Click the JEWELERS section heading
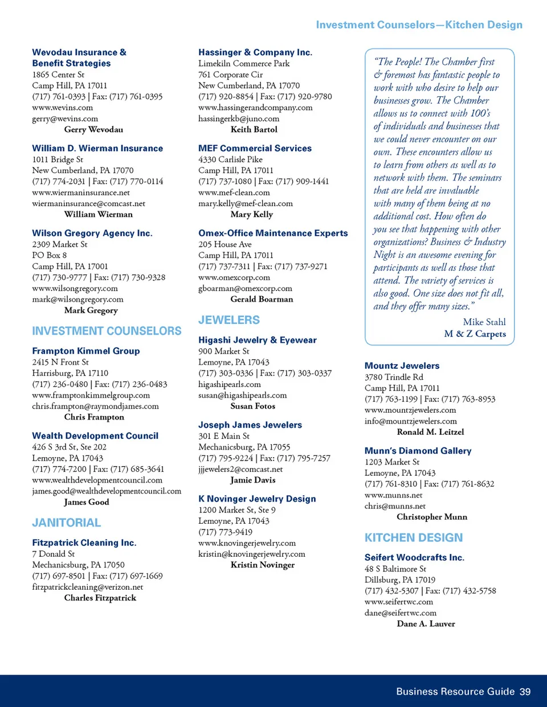(229, 320)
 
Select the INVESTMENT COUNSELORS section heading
(107, 331)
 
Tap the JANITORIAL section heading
(66, 523)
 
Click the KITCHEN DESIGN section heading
(414, 538)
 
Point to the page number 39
(525, 692)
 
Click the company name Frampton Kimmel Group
(86, 351)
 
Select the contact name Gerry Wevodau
(93, 130)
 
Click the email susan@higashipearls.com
(243, 396)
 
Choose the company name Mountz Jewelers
(402, 366)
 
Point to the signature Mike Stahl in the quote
(484, 322)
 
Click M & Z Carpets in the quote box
(475, 334)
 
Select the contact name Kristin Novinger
(263, 565)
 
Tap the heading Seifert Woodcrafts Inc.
(414, 558)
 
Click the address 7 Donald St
(54, 554)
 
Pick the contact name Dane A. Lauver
(426, 624)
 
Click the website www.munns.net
(394, 495)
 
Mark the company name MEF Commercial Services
(255, 149)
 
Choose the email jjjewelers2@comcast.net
(240, 470)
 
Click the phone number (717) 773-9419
(225, 532)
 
